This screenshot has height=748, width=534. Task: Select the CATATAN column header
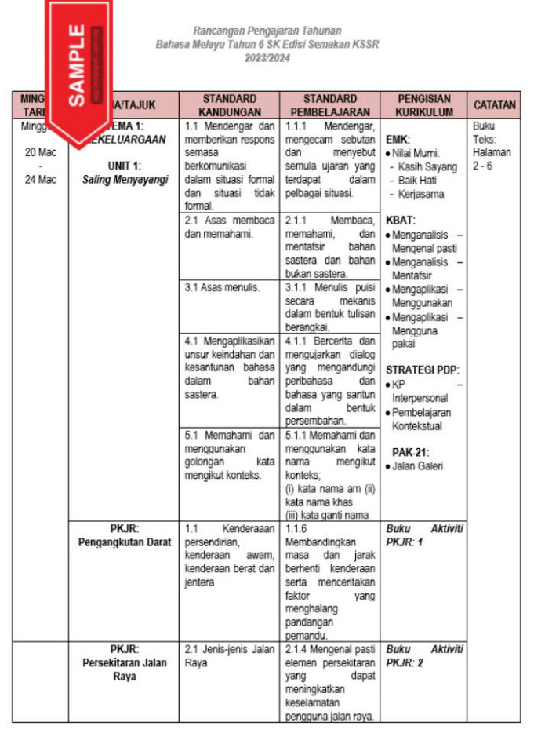coord(494,105)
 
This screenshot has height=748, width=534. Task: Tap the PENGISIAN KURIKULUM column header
coord(424,105)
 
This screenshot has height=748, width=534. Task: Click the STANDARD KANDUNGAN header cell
coord(229,105)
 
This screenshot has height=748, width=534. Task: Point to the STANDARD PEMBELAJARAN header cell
coord(329,105)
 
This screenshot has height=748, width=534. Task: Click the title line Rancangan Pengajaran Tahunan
coord(267,31)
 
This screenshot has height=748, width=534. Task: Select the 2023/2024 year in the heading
coord(267,58)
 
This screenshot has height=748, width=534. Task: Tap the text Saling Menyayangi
coord(125,179)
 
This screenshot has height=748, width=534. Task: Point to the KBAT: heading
coord(401,221)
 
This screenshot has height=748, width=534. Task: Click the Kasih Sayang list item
coord(427,167)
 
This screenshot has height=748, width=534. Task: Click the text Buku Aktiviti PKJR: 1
coord(424,535)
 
